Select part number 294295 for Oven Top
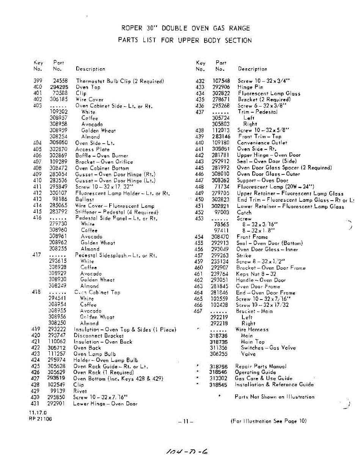pyautogui.click(x=59, y=87)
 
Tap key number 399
pyautogui.click(x=38, y=81)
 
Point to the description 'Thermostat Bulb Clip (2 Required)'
pyautogui.click(x=120, y=81)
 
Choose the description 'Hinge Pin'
pyautogui.click(x=250, y=87)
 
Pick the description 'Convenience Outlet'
pyautogui.click(x=262, y=143)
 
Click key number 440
pyautogui.click(x=199, y=143)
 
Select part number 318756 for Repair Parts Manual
pyautogui.click(x=219, y=366)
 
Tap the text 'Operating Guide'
pyautogui.click(x=255, y=372)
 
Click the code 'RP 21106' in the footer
pyautogui.click(x=40, y=419)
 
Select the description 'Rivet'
pyautogui.click(x=80, y=391)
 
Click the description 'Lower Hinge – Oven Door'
pyautogui.click(x=105, y=404)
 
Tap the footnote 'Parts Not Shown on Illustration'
pyautogui.click(x=274, y=397)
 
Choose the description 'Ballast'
pyautogui.click(x=85, y=199)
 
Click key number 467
pyautogui.click(x=198, y=311)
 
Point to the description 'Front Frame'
pyautogui.click(x=252, y=237)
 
